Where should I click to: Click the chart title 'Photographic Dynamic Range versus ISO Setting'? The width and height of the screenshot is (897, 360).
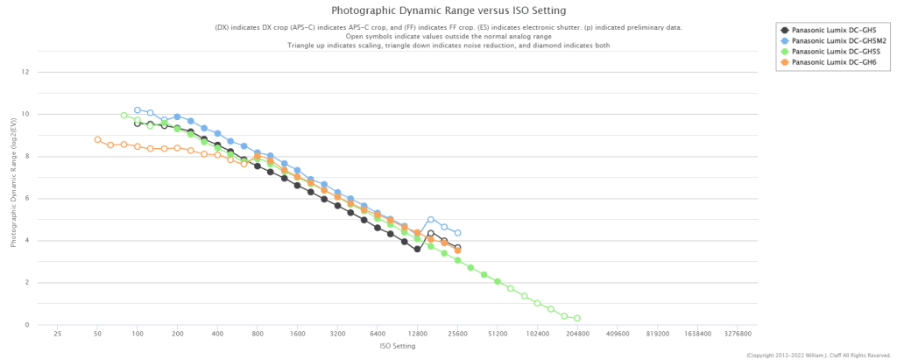click(x=448, y=11)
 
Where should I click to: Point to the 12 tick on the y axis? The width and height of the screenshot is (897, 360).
click(x=26, y=72)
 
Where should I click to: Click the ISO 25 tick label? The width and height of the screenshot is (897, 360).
click(x=58, y=334)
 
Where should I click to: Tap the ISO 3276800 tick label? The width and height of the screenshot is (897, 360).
click(x=738, y=334)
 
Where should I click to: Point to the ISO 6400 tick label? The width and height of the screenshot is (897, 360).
click(x=378, y=334)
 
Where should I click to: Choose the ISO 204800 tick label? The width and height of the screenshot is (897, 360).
click(x=577, y=334)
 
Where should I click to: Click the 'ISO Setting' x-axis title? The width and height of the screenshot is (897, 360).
click(x=398, y=346)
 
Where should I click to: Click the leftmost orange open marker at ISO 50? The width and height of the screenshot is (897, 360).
click(x=97, y=139)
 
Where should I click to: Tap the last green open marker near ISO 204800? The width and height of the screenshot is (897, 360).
click(x=577, y=318)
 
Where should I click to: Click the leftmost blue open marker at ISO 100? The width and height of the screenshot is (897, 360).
click(x=138, y=110)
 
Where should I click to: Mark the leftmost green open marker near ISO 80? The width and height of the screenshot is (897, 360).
click(x=124, y=115)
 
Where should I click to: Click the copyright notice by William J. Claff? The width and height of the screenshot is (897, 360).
click(x=818, y=355)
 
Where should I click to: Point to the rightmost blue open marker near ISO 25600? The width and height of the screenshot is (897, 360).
click(x=457, y=233)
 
